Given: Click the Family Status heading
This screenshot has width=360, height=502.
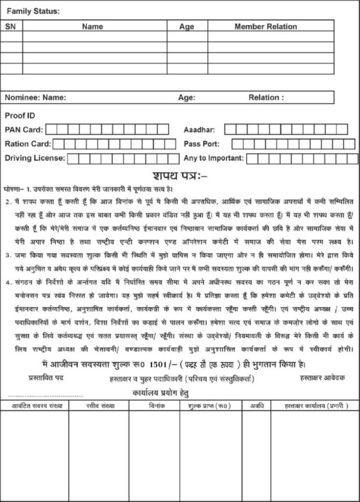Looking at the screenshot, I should click(33, 11).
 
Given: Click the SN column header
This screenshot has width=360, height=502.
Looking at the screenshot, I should click(11, 26).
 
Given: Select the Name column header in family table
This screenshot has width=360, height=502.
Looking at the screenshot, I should click(92, 26).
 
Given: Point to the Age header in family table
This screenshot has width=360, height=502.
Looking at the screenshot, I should click(187, 26).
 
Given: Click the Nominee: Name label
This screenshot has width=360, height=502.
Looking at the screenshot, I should click(35, 98).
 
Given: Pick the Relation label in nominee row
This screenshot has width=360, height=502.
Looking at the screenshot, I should click(266, 98).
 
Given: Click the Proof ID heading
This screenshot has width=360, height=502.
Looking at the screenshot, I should click(20, 116).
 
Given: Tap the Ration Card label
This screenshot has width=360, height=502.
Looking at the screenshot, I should click(27, 144).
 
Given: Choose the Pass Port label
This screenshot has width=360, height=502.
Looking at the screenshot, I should click(201, 144).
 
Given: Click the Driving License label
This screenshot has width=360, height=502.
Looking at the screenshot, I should click(34, 158).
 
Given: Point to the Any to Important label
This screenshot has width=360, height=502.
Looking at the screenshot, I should click(214, 158).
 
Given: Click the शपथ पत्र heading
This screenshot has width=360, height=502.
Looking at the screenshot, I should click(180, 176).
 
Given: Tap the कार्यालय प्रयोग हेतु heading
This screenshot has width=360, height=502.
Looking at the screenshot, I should click(161, 393).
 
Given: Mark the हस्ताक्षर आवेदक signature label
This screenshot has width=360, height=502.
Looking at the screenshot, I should click(323, 378).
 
